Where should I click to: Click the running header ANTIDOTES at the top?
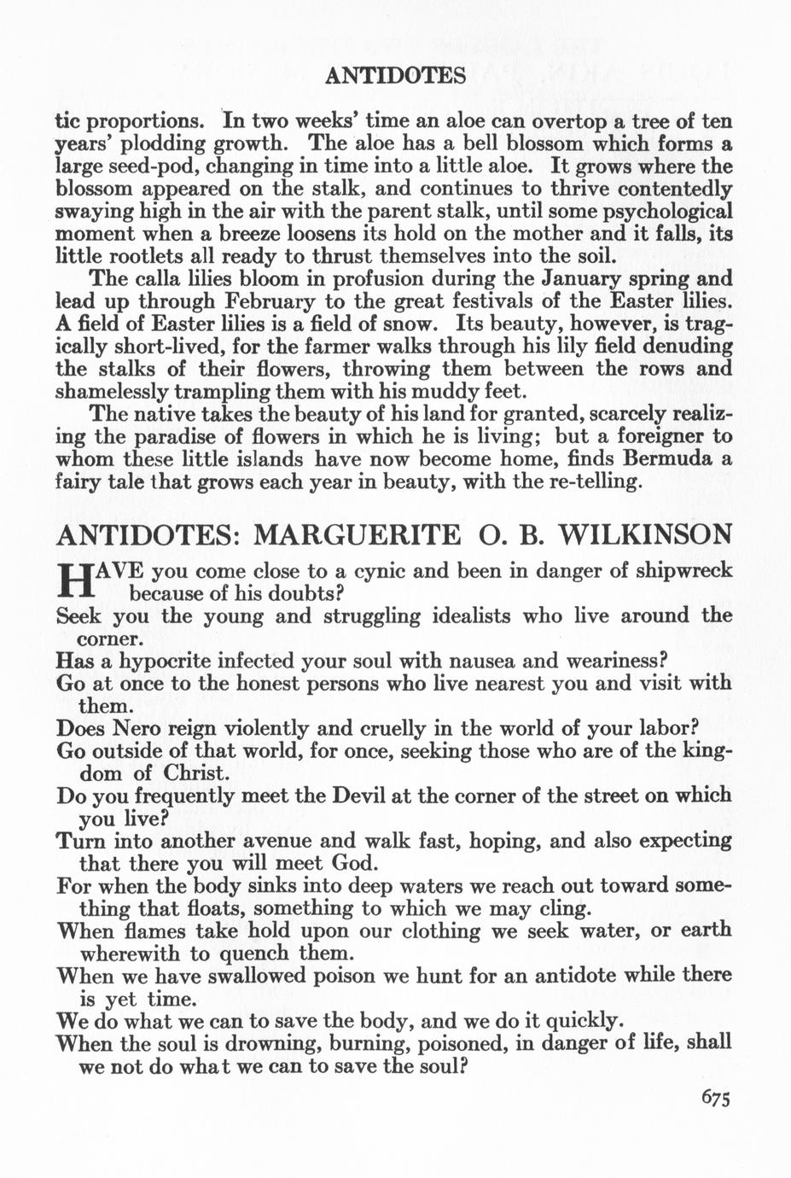[x=395, y=76]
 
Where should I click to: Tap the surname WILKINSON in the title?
[x=644, y=536]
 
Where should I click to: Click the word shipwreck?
[x=684, y=570]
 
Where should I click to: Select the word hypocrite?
[x=170, y=661]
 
